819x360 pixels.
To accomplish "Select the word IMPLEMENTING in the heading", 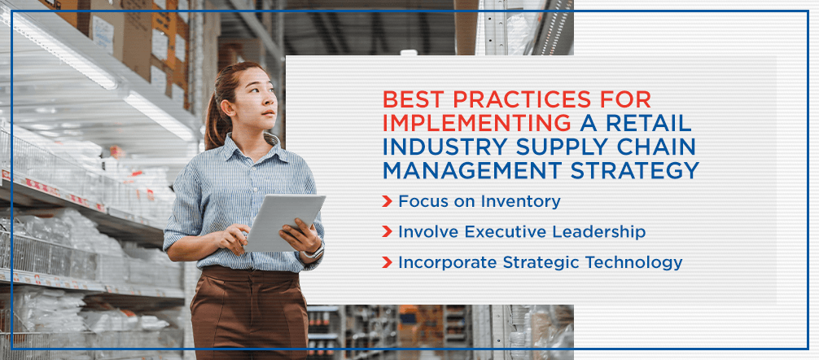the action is click(x=477, y=123).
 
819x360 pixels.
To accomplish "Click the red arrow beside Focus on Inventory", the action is click(x=387, y=201).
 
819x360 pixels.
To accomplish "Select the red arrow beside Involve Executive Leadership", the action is click(x=387, y=231).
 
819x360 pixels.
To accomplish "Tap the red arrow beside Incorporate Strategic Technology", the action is click(x=387, y=262).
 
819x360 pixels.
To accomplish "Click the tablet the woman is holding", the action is click(x=284, y=222).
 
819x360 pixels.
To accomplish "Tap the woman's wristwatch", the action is click(x=314, y=252).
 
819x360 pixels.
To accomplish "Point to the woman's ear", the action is click(x=228, y=108).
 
